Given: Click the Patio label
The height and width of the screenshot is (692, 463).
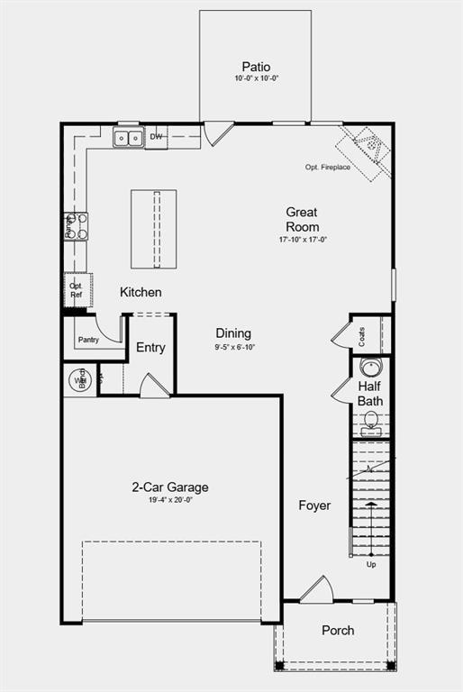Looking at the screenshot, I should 256,67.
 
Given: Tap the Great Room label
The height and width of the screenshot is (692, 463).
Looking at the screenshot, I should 302,219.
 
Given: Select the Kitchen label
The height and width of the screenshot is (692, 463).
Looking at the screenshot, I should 141,292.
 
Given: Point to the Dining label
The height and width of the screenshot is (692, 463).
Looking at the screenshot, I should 233,333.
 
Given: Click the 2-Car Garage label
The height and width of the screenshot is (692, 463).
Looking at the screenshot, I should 170,487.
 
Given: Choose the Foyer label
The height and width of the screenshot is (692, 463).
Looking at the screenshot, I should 314,505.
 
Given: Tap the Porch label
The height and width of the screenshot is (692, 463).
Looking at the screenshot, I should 338,630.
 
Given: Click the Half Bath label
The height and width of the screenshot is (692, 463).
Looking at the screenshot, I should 370,394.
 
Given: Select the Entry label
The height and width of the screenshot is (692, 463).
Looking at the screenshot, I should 150,348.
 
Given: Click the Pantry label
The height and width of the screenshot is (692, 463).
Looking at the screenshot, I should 88,340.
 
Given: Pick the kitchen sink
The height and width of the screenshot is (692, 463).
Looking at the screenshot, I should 128,138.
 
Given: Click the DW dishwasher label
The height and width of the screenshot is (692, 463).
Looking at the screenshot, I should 156,137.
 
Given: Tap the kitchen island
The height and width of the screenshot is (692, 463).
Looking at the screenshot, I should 153,228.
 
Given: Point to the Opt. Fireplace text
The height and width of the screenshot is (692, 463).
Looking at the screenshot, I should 328,168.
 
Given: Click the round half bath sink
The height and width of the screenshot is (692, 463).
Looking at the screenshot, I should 370,368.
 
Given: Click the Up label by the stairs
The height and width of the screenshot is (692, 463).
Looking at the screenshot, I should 371,565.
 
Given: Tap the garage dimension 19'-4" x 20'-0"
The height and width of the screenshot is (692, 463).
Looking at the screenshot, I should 170,499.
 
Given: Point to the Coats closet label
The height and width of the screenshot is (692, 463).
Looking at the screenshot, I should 362,335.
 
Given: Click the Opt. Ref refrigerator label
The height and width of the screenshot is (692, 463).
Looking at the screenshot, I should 77,289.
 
